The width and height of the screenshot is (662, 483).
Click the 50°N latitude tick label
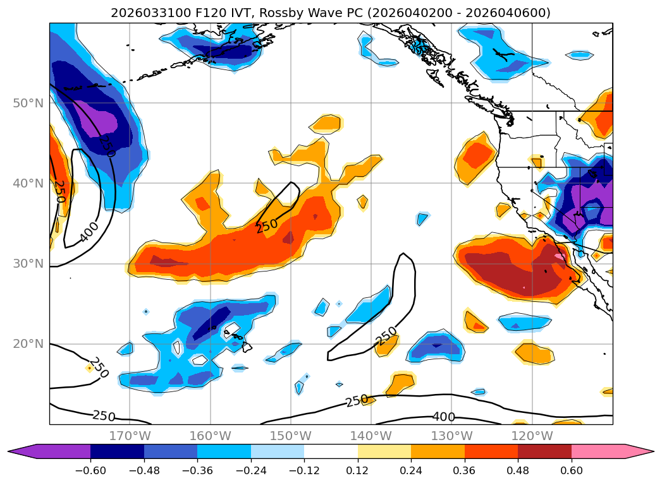(x=28, y=103)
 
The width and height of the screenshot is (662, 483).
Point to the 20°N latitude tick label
(x=28, y=344)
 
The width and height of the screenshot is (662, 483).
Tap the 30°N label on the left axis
(x=28, y=264)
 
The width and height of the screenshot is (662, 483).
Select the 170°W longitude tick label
(x=130, y=436)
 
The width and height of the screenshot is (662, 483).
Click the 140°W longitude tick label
(x=371, y=436)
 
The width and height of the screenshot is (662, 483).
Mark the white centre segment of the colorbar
(x=331, y=451)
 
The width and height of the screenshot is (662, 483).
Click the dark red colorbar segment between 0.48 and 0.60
(x=544, y=451)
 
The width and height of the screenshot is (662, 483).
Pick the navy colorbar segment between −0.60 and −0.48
(x=117, y=451)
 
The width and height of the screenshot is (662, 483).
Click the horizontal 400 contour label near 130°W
(x=443, y=417)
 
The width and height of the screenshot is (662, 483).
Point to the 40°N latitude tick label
(x=28, y=184)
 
